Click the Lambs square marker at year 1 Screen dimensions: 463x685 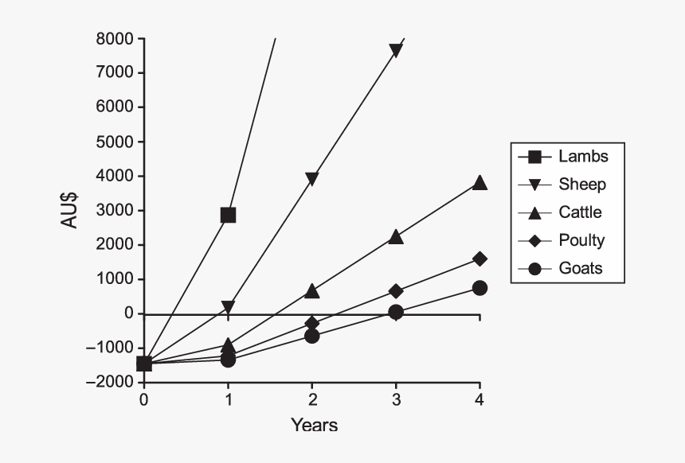click(228, 215)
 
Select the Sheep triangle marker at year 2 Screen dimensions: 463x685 click(312, 179)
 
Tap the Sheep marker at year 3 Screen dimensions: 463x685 click(396, 51)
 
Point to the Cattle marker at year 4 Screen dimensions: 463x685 click(479, 182)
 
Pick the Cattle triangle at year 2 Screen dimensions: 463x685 click(312, 291)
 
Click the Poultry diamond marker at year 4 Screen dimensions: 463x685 click(479, 259)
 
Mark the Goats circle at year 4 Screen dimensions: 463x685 click(479, 288)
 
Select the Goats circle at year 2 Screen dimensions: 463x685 click(312, 336)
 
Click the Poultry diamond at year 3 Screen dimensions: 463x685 click(396, 291)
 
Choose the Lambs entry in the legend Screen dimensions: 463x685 click(583, 156)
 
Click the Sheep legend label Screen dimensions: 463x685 click(582, 185)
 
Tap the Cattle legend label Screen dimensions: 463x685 click(580, 212)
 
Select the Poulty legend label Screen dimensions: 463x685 click(581, 240)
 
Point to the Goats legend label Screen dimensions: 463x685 click(581, 268)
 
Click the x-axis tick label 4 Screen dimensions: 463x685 click(479, 399)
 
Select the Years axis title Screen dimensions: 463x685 click(314, 425)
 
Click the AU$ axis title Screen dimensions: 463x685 click(70, 209)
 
